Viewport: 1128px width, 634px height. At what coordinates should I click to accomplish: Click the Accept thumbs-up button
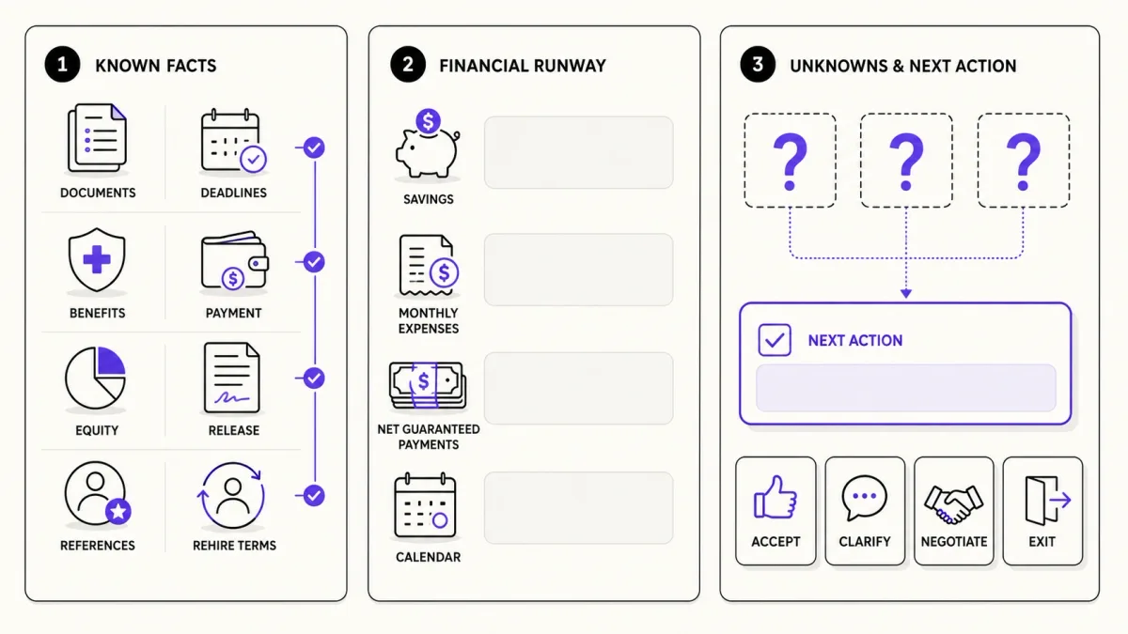click(775, 511)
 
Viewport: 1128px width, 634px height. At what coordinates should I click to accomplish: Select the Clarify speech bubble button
click(865, 511)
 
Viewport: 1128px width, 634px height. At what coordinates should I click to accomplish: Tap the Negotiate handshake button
click(954, 511)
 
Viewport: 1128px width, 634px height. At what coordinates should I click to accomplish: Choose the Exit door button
click(1042, 511)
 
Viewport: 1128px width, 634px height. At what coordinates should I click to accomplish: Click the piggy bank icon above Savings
click(428, 145)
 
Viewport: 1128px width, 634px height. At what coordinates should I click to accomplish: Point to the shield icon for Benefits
click(97, 259)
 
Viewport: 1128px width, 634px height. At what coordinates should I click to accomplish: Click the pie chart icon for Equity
click(95, 378)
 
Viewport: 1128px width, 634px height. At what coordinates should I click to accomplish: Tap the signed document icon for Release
click(232, 378)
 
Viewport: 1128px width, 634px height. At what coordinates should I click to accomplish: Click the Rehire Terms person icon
click(232, 495)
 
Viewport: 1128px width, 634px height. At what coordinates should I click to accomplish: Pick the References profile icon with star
click(98, 494)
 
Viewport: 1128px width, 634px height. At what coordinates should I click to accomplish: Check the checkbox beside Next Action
click(774, 340)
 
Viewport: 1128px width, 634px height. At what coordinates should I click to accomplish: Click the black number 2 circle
click(408, 65)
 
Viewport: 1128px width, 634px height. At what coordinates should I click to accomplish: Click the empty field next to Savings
click(579, 152)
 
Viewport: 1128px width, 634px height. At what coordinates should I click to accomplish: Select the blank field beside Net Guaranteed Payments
click(579, 388)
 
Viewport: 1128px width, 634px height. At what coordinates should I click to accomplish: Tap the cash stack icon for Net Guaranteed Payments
click(428, 385)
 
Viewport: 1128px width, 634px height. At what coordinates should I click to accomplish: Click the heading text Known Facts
click(156, 66)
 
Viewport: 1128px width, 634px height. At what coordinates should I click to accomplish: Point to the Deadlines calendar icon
click(234, 141)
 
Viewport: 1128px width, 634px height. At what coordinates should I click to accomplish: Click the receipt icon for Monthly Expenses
click(429, 266)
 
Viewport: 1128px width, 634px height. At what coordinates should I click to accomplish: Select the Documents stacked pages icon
click(97, 138)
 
